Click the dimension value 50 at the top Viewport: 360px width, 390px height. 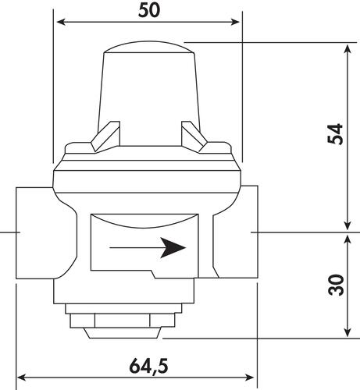point(149,11)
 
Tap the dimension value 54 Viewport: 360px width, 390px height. point(335,134)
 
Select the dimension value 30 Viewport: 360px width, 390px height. point(336,285)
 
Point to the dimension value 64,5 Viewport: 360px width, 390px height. point(149,366)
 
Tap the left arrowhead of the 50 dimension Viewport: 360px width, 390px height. point(60,22)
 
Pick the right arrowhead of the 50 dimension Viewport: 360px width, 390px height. point(235,22)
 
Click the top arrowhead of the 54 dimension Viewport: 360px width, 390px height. point(348,48)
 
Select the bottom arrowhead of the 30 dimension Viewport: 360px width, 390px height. point(348,332)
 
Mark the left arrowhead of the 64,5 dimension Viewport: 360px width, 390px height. point(21,378)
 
